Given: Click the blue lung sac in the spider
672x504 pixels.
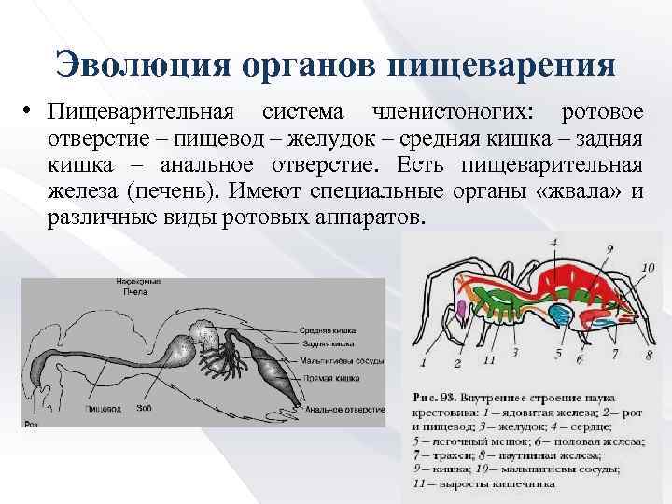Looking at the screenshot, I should [x=561, y=314].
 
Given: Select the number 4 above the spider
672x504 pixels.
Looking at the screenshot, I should [x=553, y=243].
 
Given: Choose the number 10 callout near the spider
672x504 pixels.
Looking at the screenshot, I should [x=647, y=268].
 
